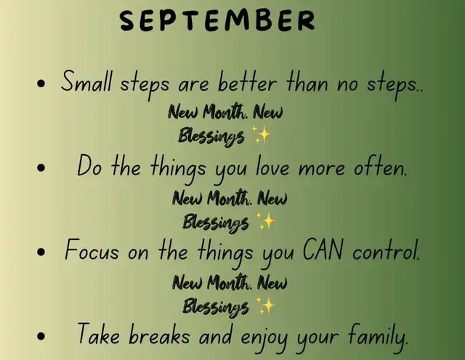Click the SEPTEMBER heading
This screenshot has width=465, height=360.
click(217, 20)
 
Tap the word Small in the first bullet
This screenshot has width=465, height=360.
click(86, 81)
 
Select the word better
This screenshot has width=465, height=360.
click(247, 81)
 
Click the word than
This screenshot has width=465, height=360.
click(307, 81)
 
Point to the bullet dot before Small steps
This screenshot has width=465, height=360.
click(41, 84)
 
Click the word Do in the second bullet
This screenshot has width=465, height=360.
click(89, 166)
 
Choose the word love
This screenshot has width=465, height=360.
click(272, 167)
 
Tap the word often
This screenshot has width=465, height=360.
click(381, 167)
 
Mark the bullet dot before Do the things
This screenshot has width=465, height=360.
click(41, 168)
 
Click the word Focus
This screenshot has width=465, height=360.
click(92, 250)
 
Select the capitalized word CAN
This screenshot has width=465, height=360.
click(323, 250)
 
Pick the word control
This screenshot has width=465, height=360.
click(386, 250)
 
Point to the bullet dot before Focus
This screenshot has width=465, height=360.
click(41, 252)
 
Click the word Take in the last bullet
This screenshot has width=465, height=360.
click(99, 334)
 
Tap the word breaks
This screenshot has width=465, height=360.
click(159, 334)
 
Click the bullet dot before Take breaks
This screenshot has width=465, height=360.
click(41, 336)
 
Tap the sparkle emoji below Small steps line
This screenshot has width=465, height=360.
click(260, 135)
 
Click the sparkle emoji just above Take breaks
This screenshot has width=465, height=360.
click(264, 305)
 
